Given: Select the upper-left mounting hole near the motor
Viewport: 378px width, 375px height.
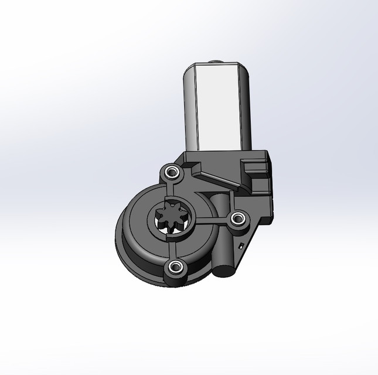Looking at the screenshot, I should tap(171, 173).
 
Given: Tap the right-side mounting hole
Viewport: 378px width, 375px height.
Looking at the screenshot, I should tap(237, 219).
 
